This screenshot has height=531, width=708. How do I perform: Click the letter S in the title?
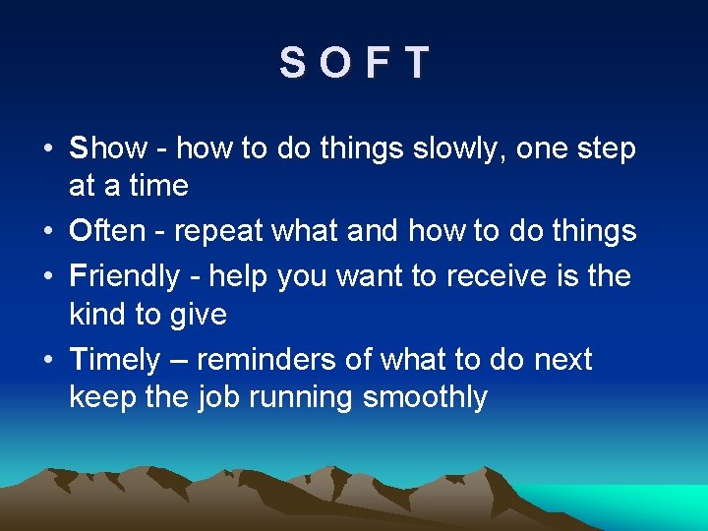click(x=292, y=63)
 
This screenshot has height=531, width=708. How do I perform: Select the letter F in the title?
click(x=377, y=63)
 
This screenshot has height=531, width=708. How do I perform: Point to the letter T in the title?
click(x=417, y=63)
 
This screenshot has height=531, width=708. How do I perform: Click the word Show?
click(x=107, y=149)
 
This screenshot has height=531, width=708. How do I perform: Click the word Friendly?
click(x=125, y=276)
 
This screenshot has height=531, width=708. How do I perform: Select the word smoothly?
click(x=424, y=398)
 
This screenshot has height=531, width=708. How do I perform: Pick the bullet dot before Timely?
click(x=48, y=361)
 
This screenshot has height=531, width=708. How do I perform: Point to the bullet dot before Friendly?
click(x=48, y=277)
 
